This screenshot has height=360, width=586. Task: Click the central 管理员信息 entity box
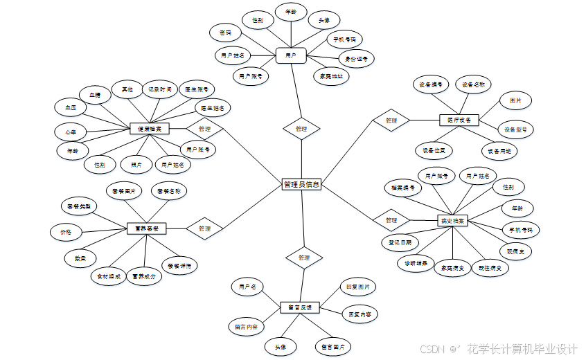[302, 185]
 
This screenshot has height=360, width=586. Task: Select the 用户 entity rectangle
[291, 55]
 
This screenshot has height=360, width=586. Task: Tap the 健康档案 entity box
[150, 129]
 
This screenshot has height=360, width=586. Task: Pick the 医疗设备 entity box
[459, 120]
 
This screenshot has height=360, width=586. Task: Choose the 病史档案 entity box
[453, 221]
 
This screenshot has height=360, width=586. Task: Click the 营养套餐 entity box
[147, 228]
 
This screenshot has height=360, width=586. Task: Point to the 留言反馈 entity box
[300, 306]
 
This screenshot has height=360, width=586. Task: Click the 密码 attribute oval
[226, 33]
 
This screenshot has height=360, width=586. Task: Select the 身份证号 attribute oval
[357, 60]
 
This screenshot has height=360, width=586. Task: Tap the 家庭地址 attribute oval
[331, 76]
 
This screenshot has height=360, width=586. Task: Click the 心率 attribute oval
[70, 132]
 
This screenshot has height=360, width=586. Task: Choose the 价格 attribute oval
[66, 231]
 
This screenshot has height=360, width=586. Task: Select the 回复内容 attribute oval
[359, 314]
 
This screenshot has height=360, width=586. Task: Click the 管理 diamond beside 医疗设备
[391, 120]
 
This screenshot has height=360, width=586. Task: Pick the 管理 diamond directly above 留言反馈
[303, 258]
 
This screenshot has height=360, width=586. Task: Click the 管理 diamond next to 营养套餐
[204, 228]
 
